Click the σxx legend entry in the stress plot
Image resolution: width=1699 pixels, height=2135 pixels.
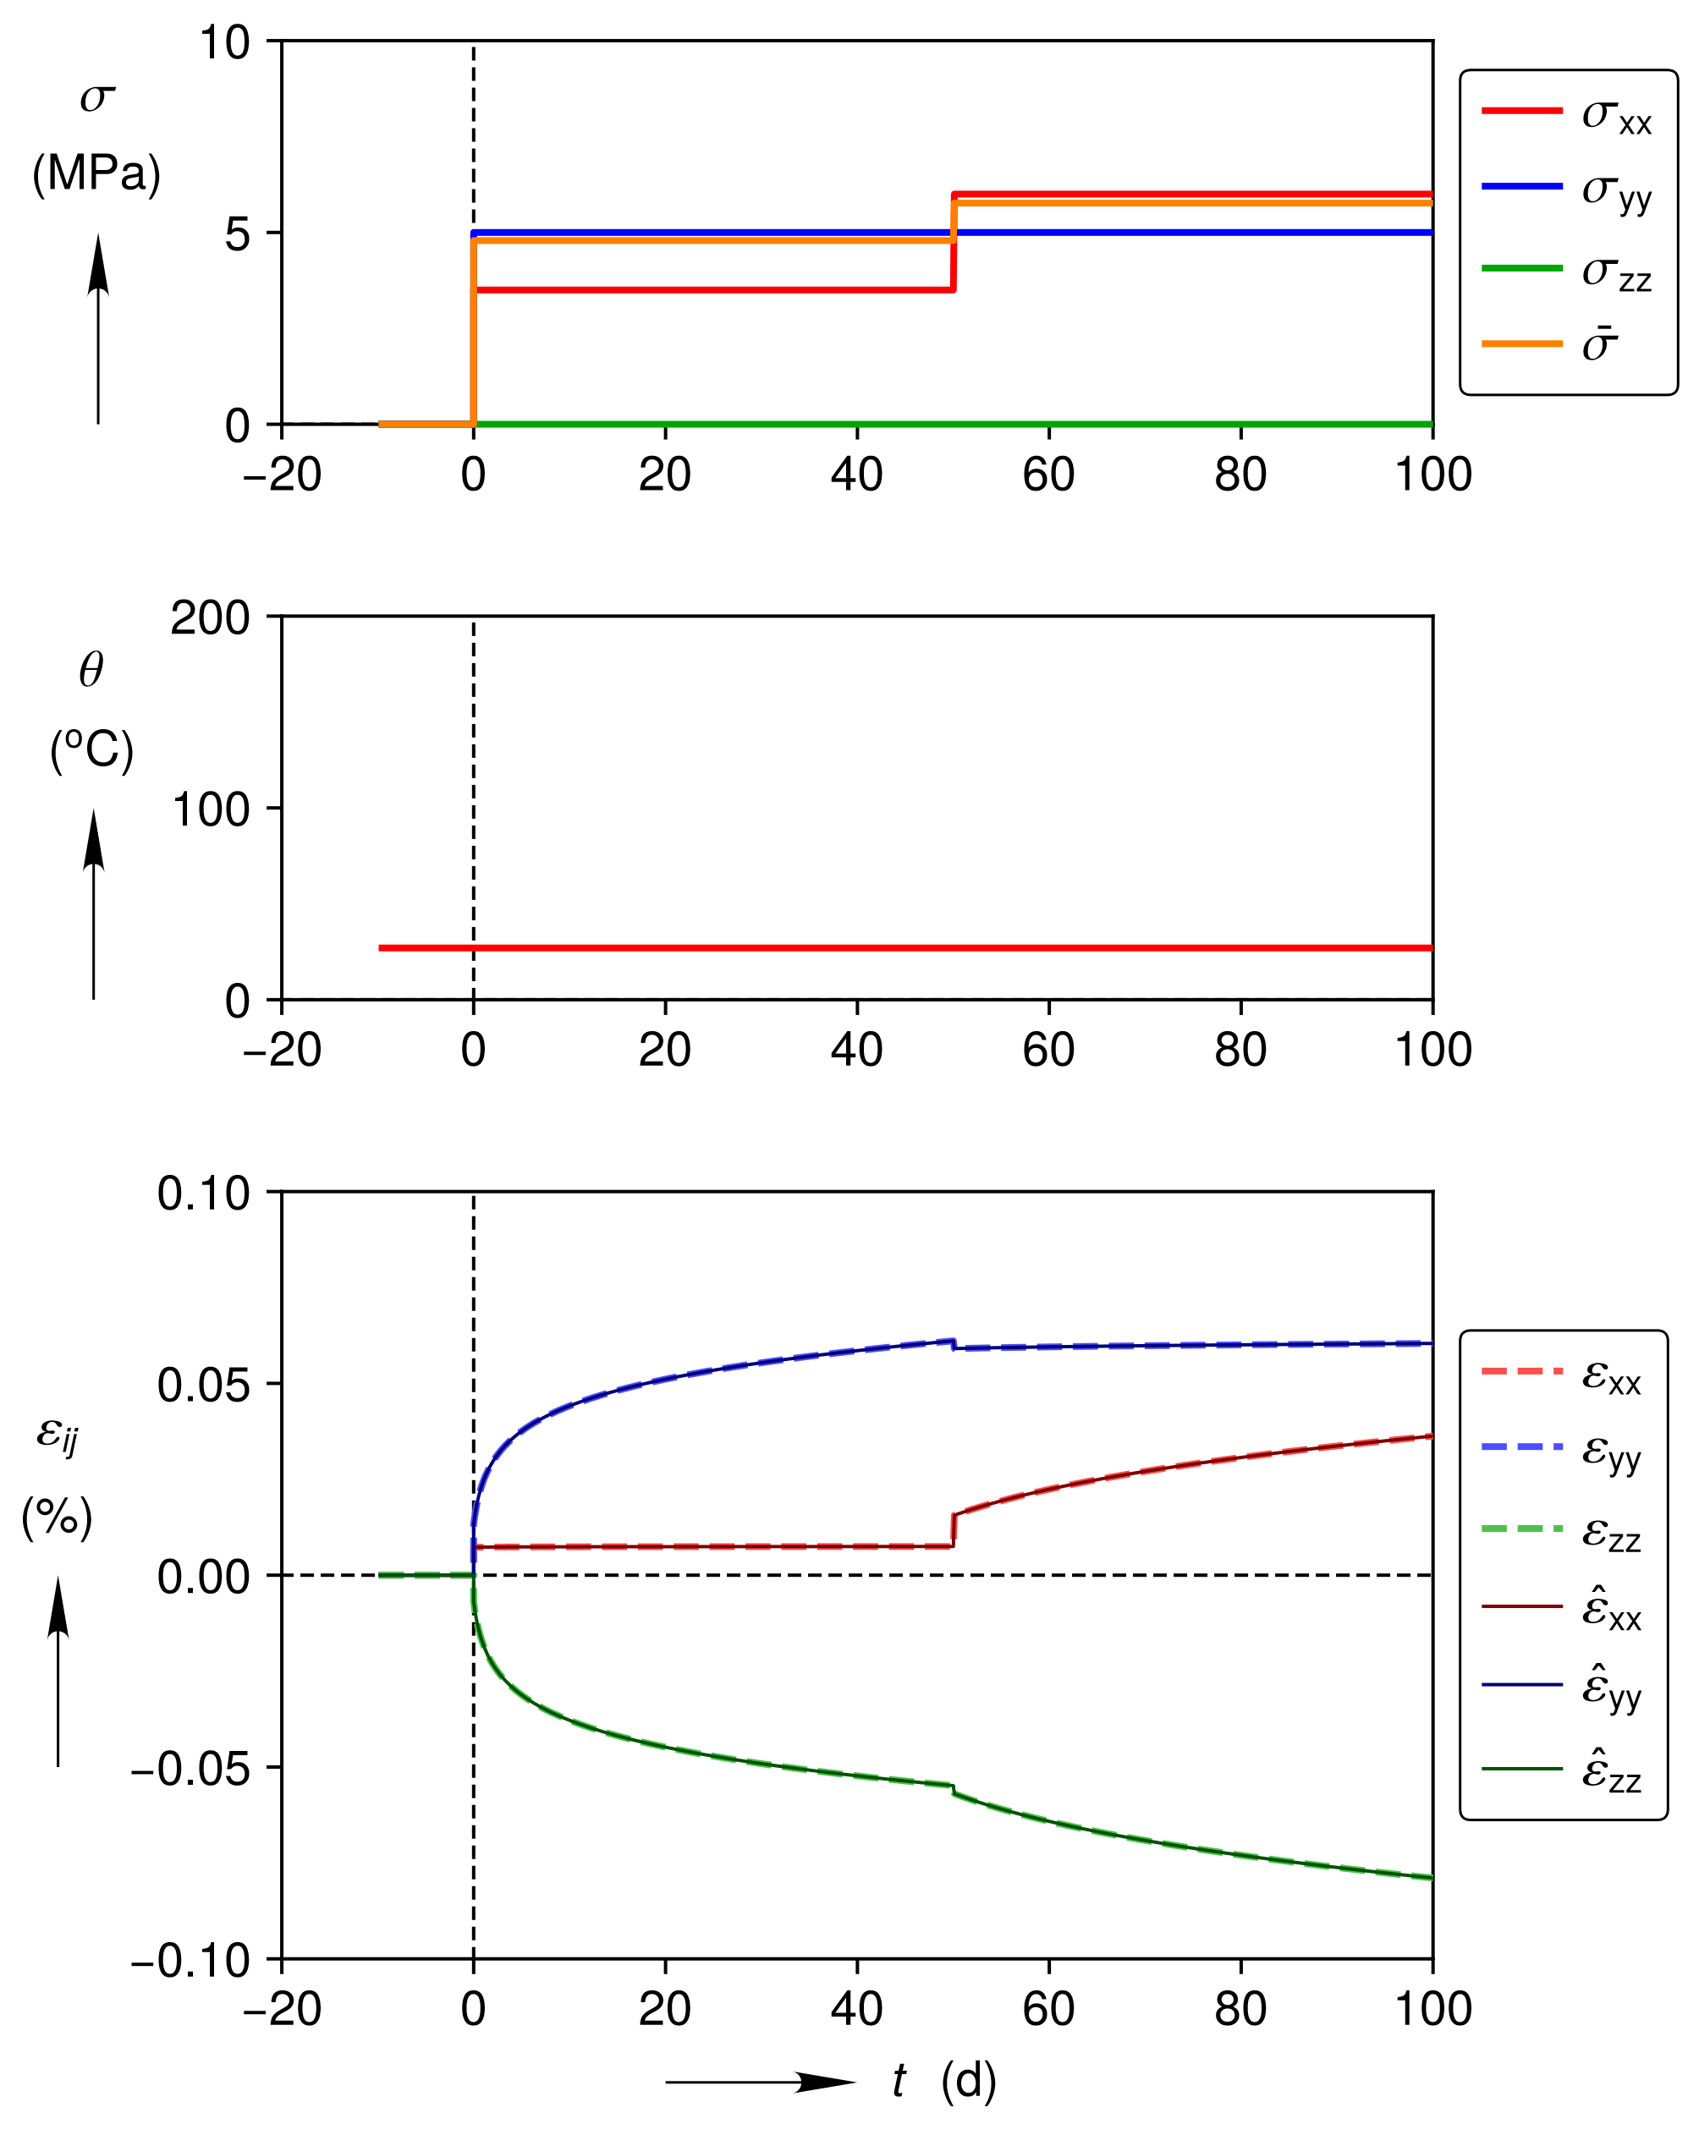point(1565,114)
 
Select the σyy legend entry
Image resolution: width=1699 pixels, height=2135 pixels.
point(1565,189)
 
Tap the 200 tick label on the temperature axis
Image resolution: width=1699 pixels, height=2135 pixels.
point(210,619)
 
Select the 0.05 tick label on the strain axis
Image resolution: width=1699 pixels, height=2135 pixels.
point(203,1386)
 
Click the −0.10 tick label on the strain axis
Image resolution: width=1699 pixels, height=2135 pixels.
point(190,1961)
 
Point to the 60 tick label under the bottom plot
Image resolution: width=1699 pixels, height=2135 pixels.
point(1048,2009)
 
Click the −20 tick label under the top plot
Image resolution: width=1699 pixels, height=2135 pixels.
point(282,475)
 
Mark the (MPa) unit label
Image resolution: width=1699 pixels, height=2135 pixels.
point(96,174)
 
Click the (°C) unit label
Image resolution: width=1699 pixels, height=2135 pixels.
point(91,749)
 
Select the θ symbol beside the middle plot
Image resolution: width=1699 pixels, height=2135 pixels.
point(91,672)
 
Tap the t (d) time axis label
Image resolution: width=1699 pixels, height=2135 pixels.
point(944,2081)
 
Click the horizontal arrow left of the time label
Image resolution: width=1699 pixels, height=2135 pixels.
point(760,2082)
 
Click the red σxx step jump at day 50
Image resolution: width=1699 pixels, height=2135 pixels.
point(953,243)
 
